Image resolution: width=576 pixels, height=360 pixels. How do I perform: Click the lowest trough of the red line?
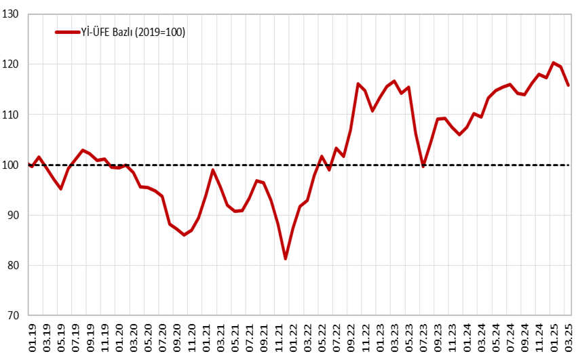click(x=286, y=258)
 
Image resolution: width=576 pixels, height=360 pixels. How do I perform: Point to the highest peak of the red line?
click(x=554, y=62)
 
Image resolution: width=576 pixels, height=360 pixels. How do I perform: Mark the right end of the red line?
click(x=568, y=85)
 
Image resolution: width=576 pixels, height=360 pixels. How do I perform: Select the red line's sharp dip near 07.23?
click(x=423, y=165)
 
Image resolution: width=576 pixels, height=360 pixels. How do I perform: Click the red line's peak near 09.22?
click(x=358, y=83)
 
